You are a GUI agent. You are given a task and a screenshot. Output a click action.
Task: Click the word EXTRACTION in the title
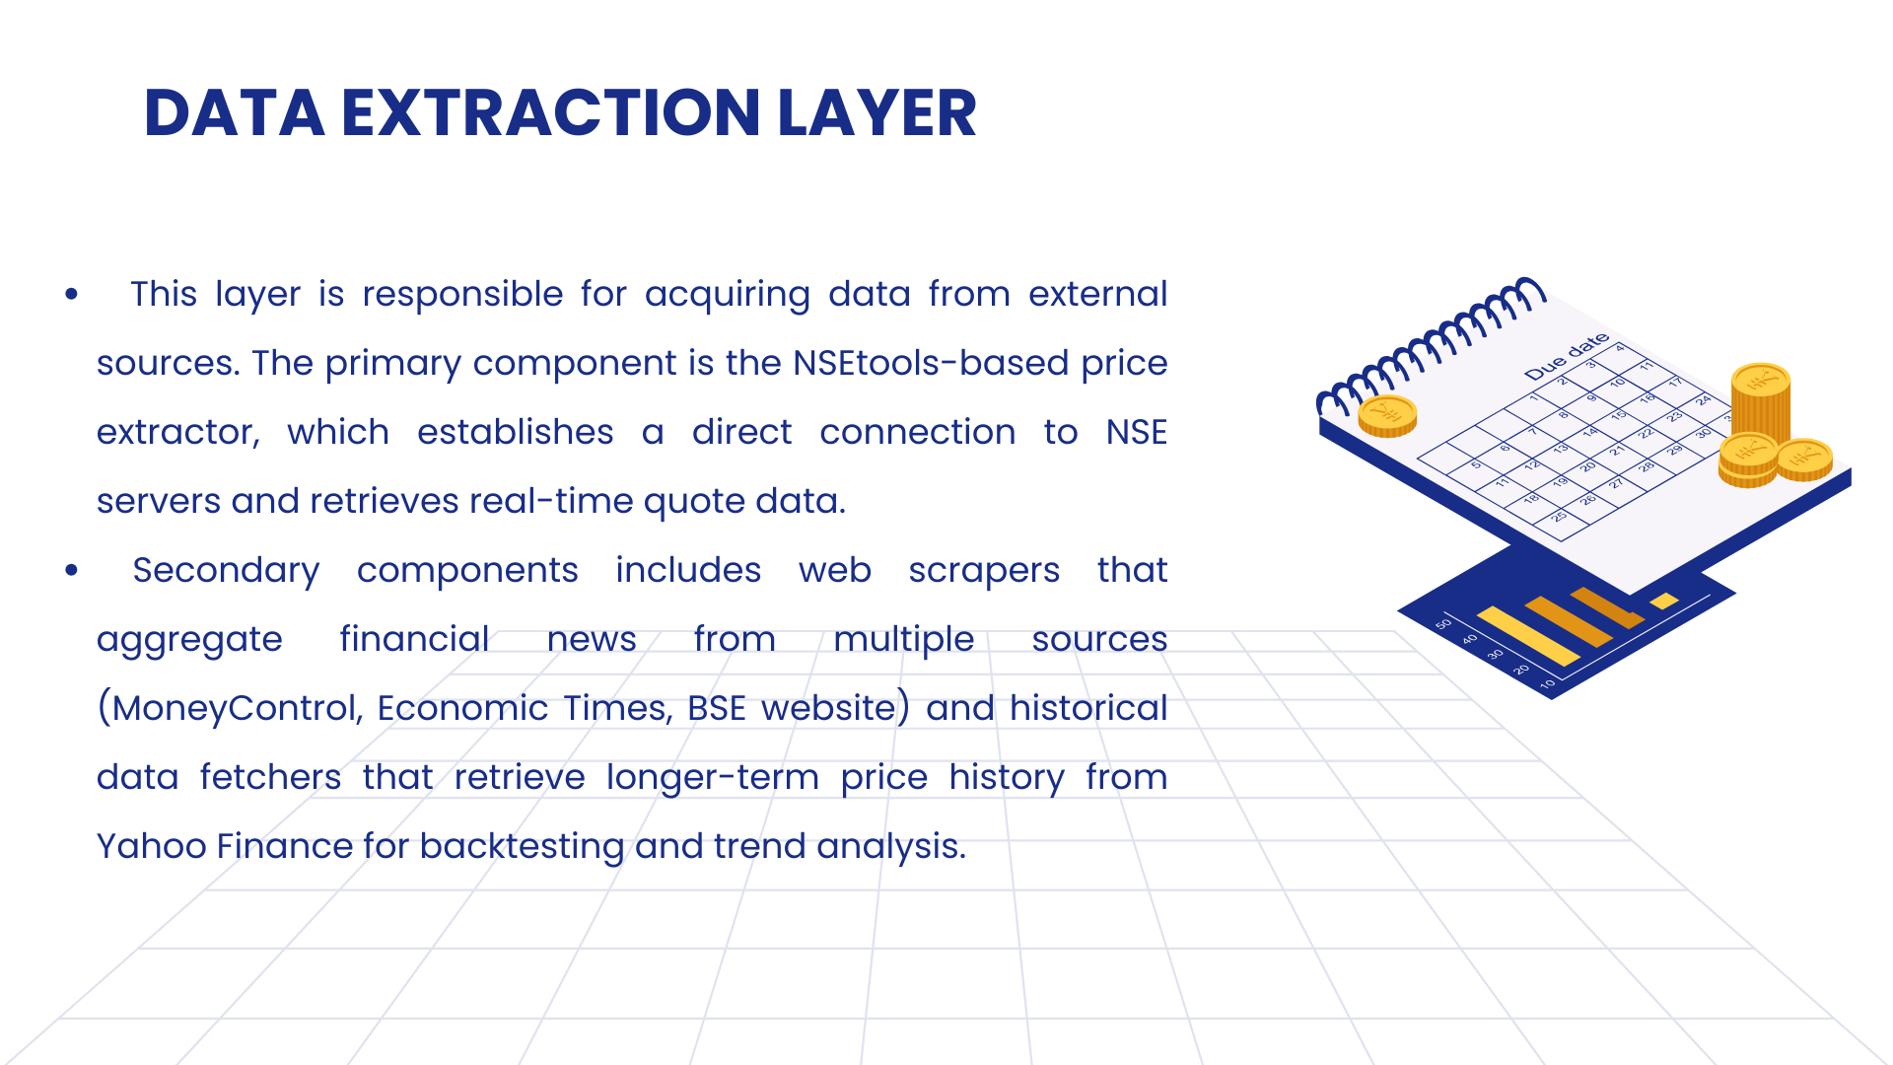pyautogui.click(x=550, y=112)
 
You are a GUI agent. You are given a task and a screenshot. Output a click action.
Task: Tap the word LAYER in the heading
pyautogui.click(x=876, y=112)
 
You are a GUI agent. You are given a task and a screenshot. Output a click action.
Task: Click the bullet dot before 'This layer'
pyautogui.click(x=71, y=294)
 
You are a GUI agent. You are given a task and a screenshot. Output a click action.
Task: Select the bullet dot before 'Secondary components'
pyautogui.click(x=71, y=570)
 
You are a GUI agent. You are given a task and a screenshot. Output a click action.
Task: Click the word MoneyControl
pyautogui.click(x=231, y=709)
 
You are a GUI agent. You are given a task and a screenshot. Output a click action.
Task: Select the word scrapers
pyautogui.click(x=984, y=571)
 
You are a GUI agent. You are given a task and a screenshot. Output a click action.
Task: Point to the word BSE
pyautogui.click(x=717, y=708)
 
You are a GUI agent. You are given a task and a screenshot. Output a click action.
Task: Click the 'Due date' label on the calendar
pyautogui.click(x=1567, y=357)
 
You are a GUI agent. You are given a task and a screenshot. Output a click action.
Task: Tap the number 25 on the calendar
pyautogui.click(x=1559, y=516)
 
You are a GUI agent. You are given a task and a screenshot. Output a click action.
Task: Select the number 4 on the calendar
pyautogui.click(x=1619, y=348)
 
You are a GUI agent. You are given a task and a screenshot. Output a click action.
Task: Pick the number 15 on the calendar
pyautogui.click(x=1618, y=415)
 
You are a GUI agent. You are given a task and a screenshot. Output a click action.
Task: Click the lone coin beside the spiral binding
pyautogui.click(x=1387, y=416)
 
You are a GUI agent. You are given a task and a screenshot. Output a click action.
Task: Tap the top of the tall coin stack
pyautogui.click(x=1761, y=380)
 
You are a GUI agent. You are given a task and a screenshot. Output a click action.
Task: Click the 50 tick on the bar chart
pyautogui.click(x=1443, y=623)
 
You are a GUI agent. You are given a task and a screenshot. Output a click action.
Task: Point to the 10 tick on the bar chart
pyautogui.click(x=1547, y=682)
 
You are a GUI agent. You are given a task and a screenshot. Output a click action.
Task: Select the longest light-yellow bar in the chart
pyautogui.click(x=1527, y=636)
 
